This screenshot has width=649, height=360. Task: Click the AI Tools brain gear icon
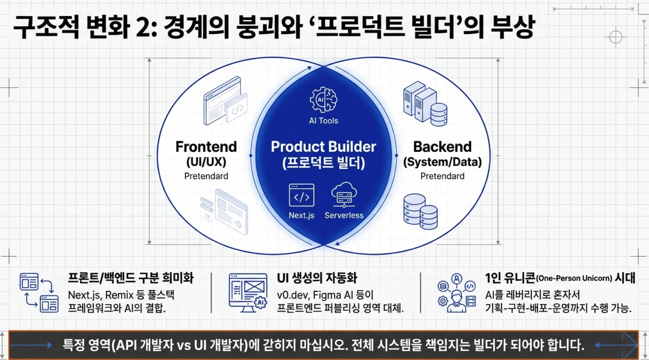click(323, 99)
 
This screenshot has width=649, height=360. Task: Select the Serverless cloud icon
click(344, 194)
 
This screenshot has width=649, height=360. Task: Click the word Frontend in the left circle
click(206, 147)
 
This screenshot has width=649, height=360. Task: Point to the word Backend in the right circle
click(442, 147)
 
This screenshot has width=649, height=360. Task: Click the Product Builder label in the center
click(323, 147)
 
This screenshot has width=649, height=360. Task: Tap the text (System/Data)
click(442, 162)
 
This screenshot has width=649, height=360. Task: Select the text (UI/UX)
click(206, 162)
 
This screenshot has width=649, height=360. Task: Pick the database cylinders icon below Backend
click(420, 211)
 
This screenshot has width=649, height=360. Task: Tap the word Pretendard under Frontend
click(206, 176)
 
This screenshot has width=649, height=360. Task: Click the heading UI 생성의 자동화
click(317, 278)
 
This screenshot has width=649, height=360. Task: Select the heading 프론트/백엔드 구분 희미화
click(131, 278)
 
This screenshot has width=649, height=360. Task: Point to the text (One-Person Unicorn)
click(574, 278)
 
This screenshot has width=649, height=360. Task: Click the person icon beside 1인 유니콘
click(456, 293)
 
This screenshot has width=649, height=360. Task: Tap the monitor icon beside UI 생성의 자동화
click(248, 293)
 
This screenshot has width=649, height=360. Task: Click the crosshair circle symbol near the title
click(616, 37)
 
